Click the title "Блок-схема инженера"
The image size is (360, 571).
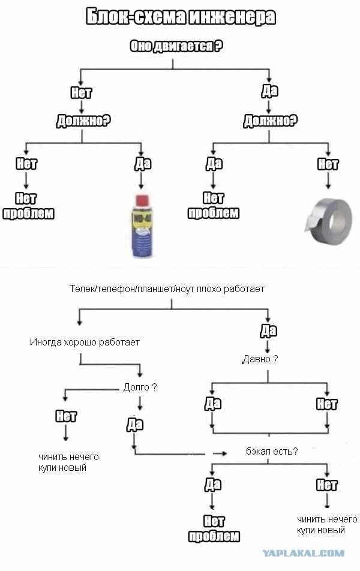[181, 17]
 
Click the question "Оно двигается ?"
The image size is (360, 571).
[176, 46]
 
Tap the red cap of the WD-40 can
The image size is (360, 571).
[142, 201]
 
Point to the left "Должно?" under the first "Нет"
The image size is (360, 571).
[83, 121]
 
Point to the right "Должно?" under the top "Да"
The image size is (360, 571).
[271, 121]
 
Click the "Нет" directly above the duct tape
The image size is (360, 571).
[328, 164]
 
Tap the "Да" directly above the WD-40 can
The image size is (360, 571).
[142, 164]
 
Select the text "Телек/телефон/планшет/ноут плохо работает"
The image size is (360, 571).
[167, 288]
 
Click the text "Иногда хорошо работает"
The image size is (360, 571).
[85, 342]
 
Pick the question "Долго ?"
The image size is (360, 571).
[140, 387]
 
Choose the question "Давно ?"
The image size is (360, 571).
[260, 359]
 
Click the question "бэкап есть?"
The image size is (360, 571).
[272, 451]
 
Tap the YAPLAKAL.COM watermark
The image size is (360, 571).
[304, 554]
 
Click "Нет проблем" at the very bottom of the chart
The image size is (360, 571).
[214, 529]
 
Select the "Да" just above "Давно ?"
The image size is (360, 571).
[269, 330]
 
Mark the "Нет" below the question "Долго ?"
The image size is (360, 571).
[66, 416]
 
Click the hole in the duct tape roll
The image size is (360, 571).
[338, 220]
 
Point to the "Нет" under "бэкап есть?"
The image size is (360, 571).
[326, 485]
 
